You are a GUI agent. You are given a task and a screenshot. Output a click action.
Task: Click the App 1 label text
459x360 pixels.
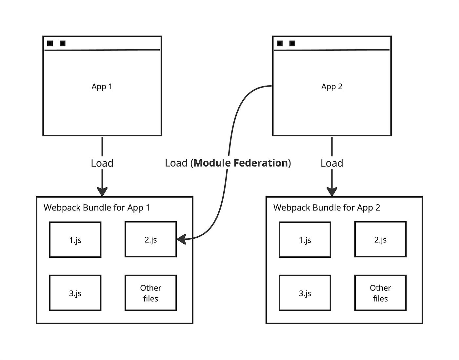coord(102,87)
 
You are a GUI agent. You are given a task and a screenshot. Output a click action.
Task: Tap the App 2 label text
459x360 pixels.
coord(332,87)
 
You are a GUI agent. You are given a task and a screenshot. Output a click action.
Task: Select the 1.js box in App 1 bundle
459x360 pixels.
coord(75,240)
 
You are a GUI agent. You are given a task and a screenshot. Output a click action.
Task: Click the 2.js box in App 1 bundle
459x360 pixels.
coord(150,239)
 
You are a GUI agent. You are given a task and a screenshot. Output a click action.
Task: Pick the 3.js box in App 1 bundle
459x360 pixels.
coord(75,293)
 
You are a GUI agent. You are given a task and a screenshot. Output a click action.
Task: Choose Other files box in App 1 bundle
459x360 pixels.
coord(150,293)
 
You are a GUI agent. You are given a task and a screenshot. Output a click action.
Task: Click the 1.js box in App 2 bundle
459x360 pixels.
coord(305,240)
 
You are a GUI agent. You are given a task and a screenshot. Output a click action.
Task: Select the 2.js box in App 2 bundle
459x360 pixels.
coord(380,239)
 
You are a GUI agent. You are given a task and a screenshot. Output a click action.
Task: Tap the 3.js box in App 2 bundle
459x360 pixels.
coord(305,293)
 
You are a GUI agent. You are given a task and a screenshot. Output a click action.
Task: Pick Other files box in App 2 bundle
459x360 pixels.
coord(380,293)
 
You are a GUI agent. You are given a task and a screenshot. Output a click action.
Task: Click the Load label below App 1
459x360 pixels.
coord(102,163)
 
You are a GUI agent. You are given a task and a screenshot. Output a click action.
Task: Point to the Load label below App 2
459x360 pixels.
coord(332,163)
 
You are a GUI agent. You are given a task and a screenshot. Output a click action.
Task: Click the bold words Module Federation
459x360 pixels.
coord(241,163)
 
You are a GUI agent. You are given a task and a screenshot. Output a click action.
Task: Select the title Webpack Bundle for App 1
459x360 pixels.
coord(97,208)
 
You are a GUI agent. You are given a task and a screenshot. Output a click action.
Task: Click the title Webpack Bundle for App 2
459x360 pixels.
coord(327,208)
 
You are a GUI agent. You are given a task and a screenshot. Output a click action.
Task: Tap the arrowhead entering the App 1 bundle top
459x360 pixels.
coord(102,191)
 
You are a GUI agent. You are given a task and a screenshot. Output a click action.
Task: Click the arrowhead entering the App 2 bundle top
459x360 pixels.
coord(332,191)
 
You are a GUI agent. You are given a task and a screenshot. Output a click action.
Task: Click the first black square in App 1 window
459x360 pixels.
coord(50,43)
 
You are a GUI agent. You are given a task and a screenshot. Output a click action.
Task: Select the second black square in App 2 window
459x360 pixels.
coord(292,43)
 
